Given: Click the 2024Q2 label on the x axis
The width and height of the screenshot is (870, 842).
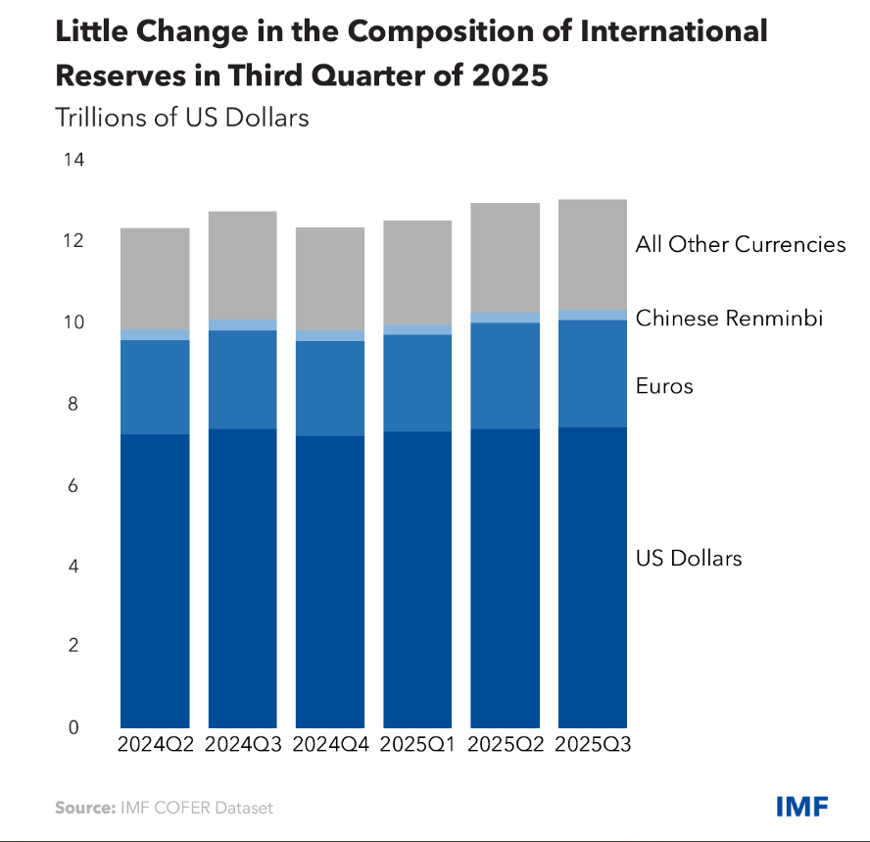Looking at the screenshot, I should coord(155,744).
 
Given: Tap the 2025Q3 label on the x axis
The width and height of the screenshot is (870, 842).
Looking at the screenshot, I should coord(593,744).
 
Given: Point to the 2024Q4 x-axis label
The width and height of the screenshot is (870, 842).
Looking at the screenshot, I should coord(330,744).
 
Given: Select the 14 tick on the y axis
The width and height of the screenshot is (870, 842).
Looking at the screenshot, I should coord(72,160).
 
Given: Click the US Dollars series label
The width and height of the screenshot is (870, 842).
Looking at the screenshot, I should coord(689,559).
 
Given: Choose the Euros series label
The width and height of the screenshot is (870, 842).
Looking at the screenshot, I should coord(664,386).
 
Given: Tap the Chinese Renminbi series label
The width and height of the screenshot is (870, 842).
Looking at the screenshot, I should coord(729,318).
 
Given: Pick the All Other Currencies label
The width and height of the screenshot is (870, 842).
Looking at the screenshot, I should coord(740,244).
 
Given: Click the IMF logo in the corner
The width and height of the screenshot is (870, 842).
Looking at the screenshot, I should coord(801,807).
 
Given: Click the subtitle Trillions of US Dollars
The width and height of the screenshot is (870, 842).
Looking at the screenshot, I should coord(182,118).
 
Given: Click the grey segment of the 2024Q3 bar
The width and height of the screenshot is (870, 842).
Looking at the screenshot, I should coord(242,265).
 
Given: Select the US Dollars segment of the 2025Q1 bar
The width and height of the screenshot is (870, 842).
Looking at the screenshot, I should coord(417,578).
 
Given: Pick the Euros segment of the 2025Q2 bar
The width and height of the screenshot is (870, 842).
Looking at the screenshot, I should coord(506,375).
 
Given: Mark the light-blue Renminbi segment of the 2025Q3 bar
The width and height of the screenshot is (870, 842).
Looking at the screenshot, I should coord(593,315).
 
